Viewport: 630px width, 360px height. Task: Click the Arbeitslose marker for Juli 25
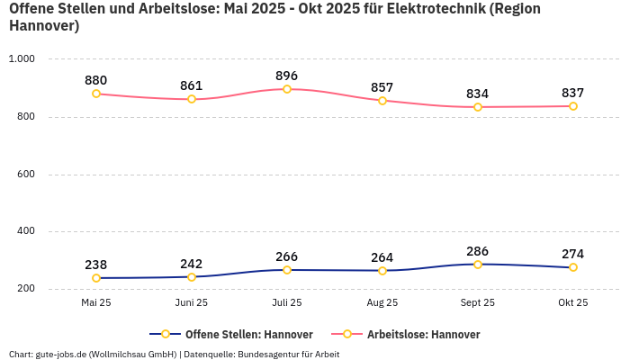(287, 89)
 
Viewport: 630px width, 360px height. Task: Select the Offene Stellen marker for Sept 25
(478, 265)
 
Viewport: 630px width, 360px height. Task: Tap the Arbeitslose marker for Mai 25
(96, 94)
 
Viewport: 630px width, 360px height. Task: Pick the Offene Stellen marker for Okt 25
(573, 267)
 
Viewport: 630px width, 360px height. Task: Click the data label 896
(287, 76)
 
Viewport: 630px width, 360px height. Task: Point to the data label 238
(96, 265)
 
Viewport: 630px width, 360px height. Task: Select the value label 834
(478, 94)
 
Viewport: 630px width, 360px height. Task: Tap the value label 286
(478, 251)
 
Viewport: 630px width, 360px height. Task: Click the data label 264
(382, 257)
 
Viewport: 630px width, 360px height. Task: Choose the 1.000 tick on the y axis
(21, 58)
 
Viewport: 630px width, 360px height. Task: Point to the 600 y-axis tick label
(24, 174)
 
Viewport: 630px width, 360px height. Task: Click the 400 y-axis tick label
(24, 231)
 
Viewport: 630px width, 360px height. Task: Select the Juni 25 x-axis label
(192, 303)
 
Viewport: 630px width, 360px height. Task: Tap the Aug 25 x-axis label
(382, 303)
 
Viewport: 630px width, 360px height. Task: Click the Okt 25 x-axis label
(573, 303)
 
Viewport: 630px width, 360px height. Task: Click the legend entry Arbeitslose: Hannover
(423, 334)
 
